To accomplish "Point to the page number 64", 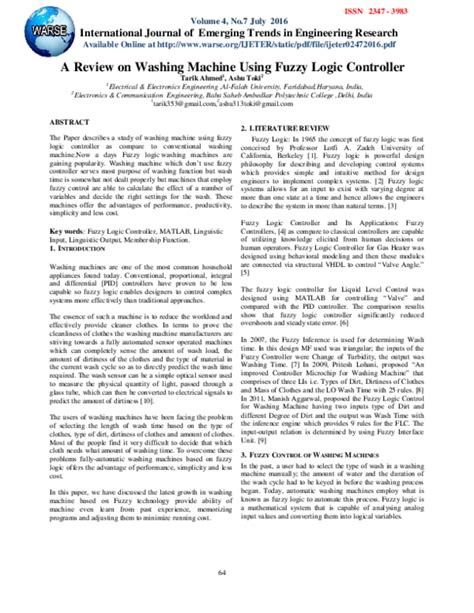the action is (x=237, y=571).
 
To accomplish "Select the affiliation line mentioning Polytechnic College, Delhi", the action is (x=237, y=94).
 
